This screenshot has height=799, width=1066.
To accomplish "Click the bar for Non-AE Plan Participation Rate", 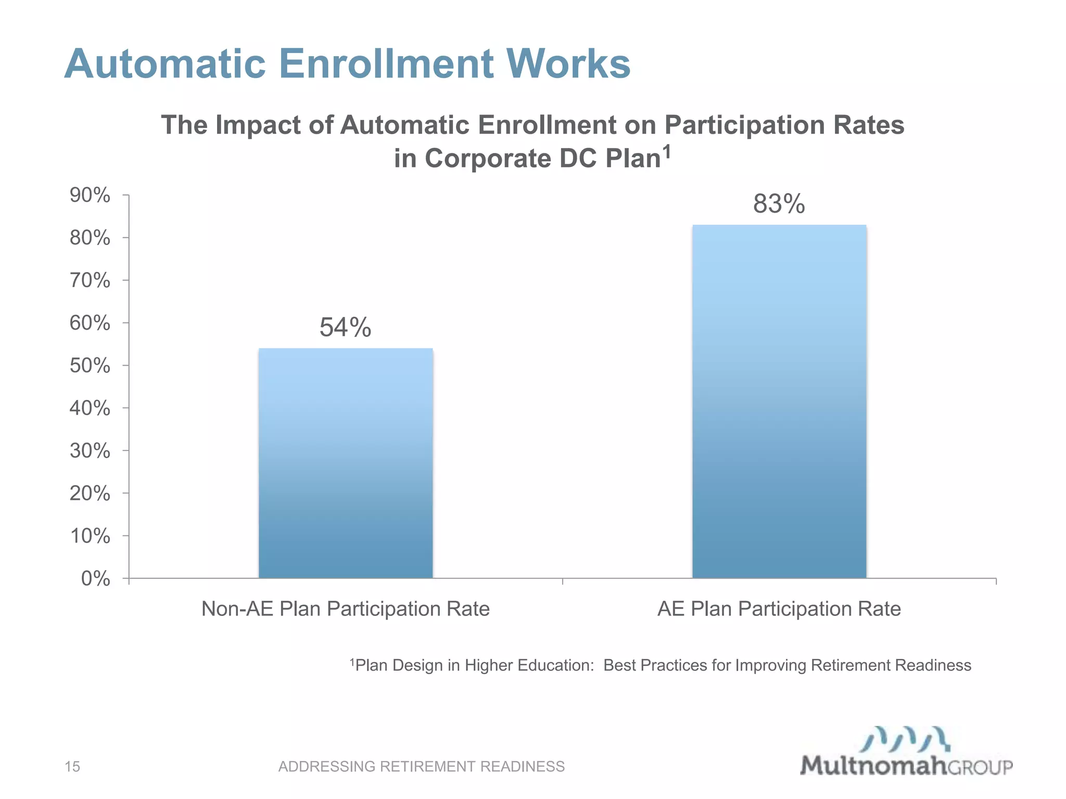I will pyautogui.click(x=346, y=463).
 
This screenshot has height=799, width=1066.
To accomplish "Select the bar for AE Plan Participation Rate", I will pyautogui.click(x=779, y=401).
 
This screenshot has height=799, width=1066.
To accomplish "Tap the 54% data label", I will pyautogui.click(x=345, y=328).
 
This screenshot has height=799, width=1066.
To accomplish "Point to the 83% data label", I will pyautogui.click(x=779, y=204).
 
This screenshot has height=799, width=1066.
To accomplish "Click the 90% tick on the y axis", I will pyautogui.click(x=90, y=196).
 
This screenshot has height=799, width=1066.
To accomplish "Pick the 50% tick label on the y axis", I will pyautogui.click(x=90, y=366).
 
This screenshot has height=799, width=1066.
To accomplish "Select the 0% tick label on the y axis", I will pyautogui.click(x=96, y=578).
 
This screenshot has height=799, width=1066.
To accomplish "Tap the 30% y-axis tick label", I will pyautogui.click(x=90, y=450).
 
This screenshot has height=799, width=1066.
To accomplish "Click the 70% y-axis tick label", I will pyautogui.click(x=90, y=280).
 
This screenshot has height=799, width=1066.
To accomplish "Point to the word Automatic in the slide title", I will pyautogui.click(x=165, y=64).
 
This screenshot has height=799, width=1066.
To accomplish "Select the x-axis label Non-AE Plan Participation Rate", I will pyautogui.click(x=346, y=609).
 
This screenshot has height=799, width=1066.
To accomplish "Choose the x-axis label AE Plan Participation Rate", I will pyautogui.click(x=779, y=609).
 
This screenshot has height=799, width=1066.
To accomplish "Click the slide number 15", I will pyautogui.click(x=72, y=766).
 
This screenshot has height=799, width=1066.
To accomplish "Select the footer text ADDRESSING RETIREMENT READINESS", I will pyautogui.click(x=421, y=766).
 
